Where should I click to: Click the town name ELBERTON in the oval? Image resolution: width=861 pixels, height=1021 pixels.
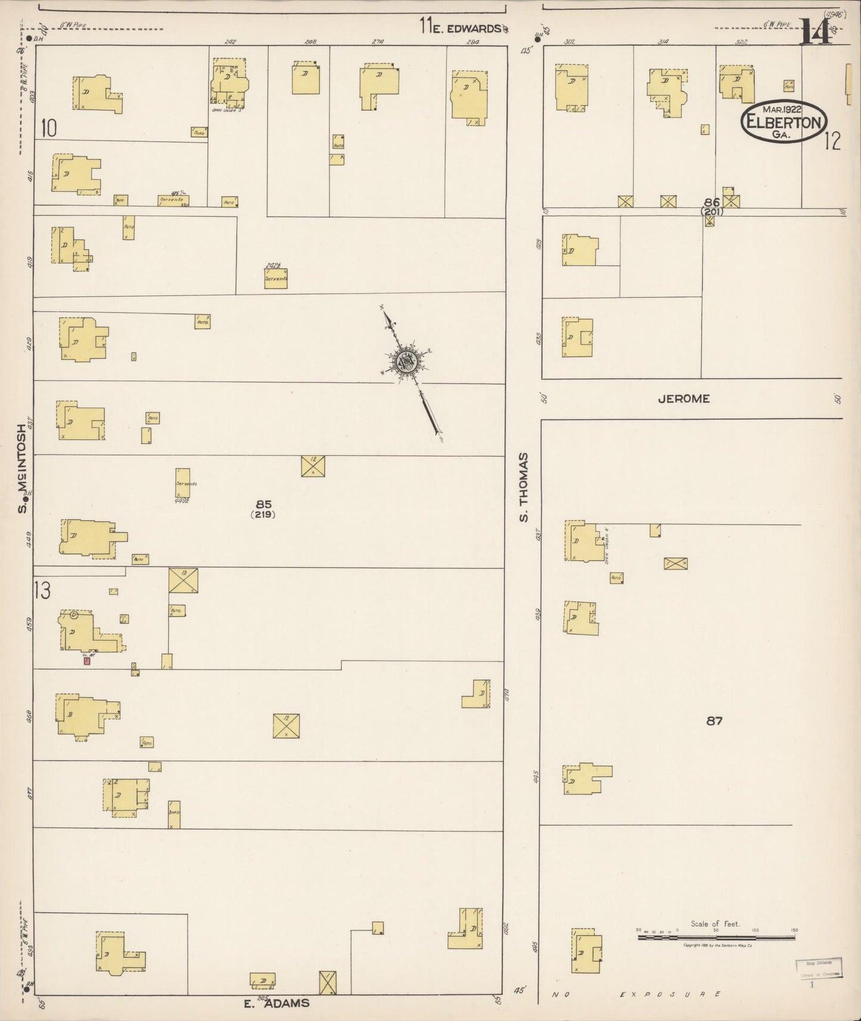click(784, 123)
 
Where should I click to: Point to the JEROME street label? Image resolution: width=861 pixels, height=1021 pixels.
click(683, 399)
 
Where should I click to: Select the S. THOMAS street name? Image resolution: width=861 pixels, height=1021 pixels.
click(524, 487)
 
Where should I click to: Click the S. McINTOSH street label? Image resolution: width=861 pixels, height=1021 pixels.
click(23, 468)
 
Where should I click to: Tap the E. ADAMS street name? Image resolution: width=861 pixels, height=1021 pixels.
click(277, 1003)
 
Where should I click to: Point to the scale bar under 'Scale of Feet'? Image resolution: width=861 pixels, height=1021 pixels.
click(716, 937)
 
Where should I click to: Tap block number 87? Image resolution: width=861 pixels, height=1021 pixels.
click(714, 721)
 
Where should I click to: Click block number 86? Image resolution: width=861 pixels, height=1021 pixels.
click(711, 203)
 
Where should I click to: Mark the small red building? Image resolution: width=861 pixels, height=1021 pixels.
click(87, 660)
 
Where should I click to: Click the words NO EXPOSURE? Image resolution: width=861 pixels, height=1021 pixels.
click(637, 994)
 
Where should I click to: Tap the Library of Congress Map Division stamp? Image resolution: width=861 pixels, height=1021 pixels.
click(819, 968)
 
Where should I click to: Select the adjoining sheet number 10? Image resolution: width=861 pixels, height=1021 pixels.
click(49, 128)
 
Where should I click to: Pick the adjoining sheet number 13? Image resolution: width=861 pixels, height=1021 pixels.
click(42, 590)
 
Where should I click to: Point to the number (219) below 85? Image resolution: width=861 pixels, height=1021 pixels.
click(263, 515)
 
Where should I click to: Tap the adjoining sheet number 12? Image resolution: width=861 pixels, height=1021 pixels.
click(832, 141)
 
